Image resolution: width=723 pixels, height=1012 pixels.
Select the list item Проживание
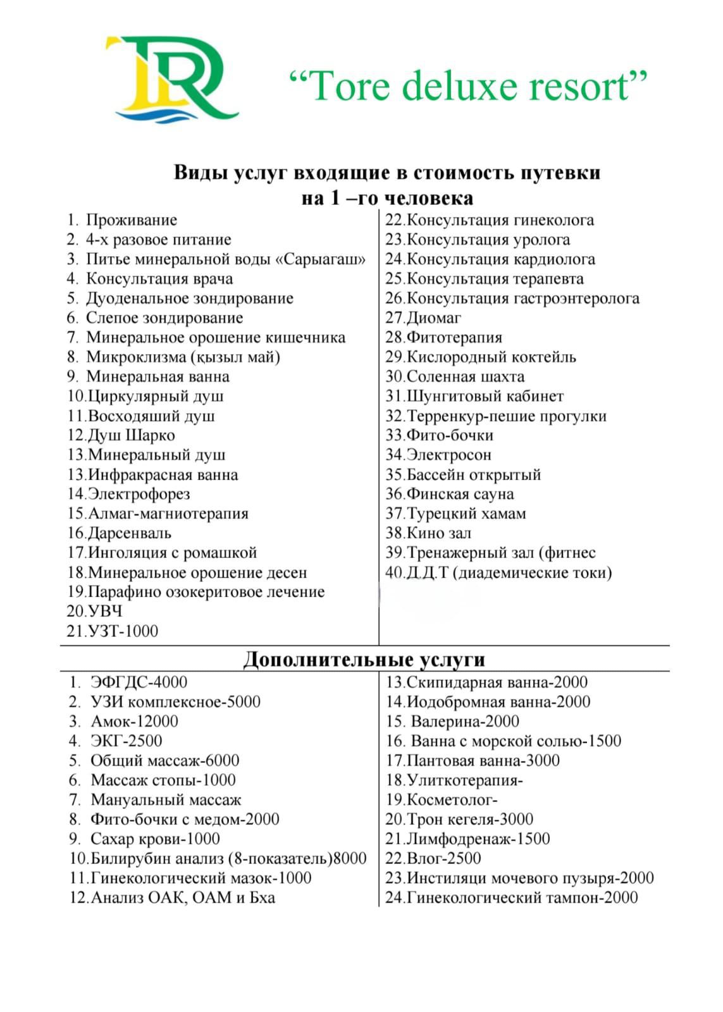[x=131, y=220]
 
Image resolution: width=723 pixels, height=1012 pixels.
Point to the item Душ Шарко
[x=131, y=435]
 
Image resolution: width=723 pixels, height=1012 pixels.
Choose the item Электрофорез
[x=139, y=494]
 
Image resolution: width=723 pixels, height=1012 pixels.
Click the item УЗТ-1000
[x=123, y=631]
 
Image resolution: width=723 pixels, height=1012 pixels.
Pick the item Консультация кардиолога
[x=500, y=259]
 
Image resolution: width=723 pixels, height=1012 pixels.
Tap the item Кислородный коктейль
[x=491, y=357]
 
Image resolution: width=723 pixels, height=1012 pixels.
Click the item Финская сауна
[x=460, y=494]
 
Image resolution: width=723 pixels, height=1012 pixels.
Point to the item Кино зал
[x=438, y=533]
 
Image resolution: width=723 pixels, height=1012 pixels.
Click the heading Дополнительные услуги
[x=364, y=659]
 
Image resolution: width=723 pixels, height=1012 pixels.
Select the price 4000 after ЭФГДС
[x=170, y=682]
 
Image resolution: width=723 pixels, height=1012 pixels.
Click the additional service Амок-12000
[x=134, y=722]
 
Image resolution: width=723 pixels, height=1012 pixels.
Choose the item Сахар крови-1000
[x=155, y=839]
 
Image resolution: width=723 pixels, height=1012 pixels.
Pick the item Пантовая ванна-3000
[x=483, y=761]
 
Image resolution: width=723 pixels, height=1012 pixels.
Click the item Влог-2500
[x=443, y=859]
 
